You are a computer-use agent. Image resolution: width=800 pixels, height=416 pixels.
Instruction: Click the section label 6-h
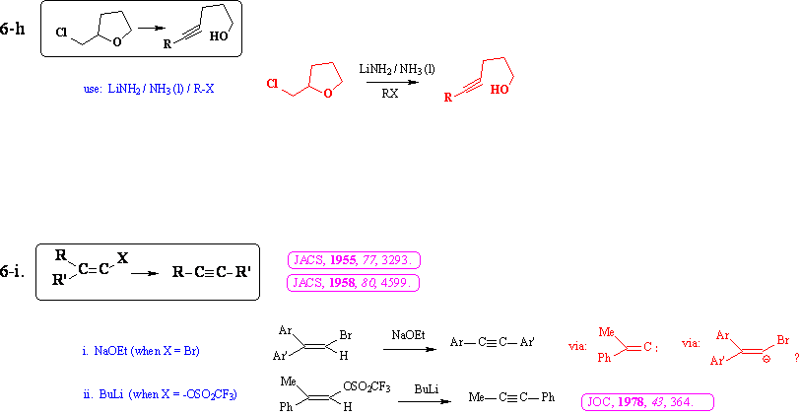pos(14,31)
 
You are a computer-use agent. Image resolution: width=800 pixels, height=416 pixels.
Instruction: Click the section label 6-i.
pos(14,271)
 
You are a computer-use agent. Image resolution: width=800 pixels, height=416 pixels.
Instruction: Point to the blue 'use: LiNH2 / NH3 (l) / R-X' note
pos(148,89)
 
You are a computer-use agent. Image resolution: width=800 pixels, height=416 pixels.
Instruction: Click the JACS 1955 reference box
pos(353,261)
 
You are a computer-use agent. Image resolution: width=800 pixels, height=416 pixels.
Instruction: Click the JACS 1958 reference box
pos(353,283)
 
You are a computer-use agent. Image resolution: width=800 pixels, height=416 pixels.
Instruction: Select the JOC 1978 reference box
pos(648,402)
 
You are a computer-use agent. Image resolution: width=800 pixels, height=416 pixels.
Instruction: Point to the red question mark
pos(794,362)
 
